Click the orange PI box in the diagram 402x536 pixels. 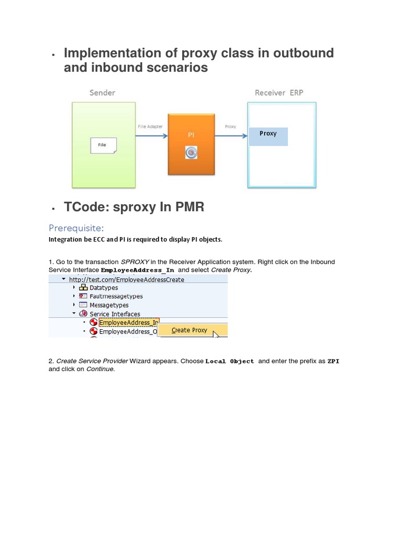[191, 144]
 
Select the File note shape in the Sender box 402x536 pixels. [103, 145]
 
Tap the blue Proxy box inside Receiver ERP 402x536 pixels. [268, 136]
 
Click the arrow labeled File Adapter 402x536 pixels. [151, 136]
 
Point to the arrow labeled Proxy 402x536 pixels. [231, 136]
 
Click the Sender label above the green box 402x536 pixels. [102, 93]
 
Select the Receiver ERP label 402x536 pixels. [279, 93]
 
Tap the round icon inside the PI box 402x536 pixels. [192, 153]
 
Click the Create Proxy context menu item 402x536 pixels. [189, 330]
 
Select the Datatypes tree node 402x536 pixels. [104, 287]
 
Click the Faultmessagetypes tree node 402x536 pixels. [116, 296]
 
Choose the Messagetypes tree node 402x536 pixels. [109, 305]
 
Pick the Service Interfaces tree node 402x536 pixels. [115, 314]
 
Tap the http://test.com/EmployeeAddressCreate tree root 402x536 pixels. [126, 280]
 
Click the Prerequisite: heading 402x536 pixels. [76, 228]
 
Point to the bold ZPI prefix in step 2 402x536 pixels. [333, 361]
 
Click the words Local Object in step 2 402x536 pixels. [230, 361]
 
